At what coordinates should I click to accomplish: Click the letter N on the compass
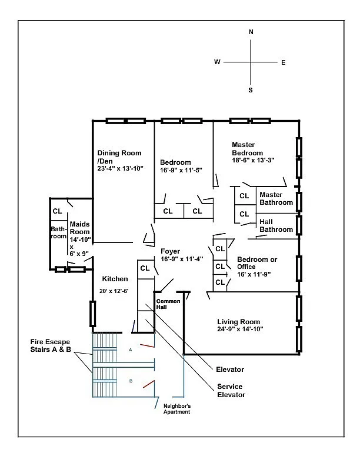(251, 32)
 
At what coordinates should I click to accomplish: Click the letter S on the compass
(251, 90)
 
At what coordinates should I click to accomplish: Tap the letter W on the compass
(217, 62)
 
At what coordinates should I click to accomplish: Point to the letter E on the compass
(284, 62)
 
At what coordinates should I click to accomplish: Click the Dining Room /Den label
(119, 157)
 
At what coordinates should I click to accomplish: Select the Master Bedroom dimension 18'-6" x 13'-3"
(253, 160)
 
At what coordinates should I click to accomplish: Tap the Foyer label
(171, 251)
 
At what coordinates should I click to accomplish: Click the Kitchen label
(115, 279)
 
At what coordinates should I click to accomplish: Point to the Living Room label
(238, 322)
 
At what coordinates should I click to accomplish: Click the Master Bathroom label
(276, 199)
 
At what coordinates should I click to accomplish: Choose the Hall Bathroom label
(276, 226)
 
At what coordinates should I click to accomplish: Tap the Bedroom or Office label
(257, 262)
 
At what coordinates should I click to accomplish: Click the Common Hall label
(168, 305)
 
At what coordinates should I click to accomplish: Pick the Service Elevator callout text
(231, 391)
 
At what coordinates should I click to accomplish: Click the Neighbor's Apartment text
(176, 410)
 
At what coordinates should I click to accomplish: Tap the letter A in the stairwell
(131, 349)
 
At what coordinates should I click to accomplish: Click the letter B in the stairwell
(131, 381)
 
